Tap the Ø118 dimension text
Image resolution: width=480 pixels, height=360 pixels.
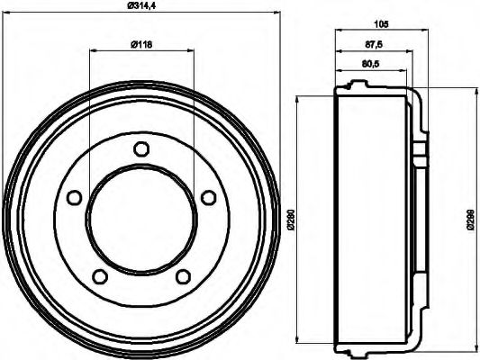(x=140, y=42)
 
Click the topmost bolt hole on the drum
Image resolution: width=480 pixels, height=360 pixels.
(x=140, y=149)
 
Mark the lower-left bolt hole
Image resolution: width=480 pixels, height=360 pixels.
(x=100, y=275)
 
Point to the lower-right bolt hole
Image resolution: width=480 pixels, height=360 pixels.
(x=182, y=275)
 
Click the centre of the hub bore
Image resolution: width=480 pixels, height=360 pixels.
(x=140, y=219)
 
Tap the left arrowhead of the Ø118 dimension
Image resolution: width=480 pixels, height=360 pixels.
(x=93, y=49)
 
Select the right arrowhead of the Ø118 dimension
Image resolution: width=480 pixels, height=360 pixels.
(x=190, y=49)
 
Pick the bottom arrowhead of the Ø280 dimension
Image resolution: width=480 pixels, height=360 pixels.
(x=298, y=341)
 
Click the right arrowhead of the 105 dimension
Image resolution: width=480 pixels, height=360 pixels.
(x=427, y=32)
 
